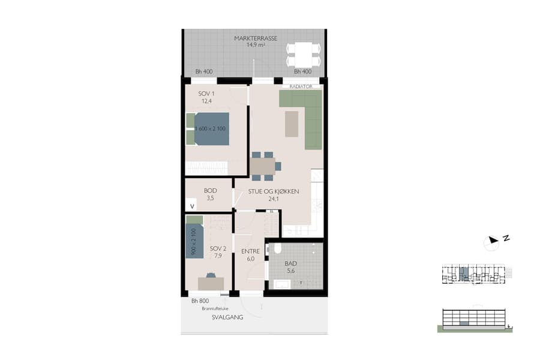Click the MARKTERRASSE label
point(256,38)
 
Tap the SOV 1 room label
point(206,94)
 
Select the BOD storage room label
point(210,191)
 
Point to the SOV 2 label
point(217,248)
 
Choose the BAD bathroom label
point(291,264)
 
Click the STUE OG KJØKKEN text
point(274,192)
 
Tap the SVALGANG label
point(227,317)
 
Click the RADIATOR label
point(302,86)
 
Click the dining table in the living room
point(263,166)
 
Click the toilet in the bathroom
point(277,248)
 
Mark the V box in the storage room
point(192,206)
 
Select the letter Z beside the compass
point(506,238)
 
